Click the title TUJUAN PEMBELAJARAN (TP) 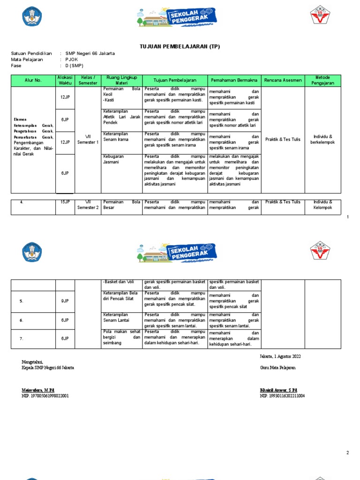point(180,46)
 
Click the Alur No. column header point(33,80)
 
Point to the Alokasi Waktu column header point(65,80)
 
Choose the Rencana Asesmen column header point(283,80)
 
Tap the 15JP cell point(65,202)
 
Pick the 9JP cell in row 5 point(65,301)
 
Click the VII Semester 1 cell point(88,139)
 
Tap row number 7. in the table point(22,338)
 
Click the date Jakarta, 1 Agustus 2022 point(280,356)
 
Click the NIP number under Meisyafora point(45,396)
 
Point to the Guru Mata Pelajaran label point(278,367)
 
